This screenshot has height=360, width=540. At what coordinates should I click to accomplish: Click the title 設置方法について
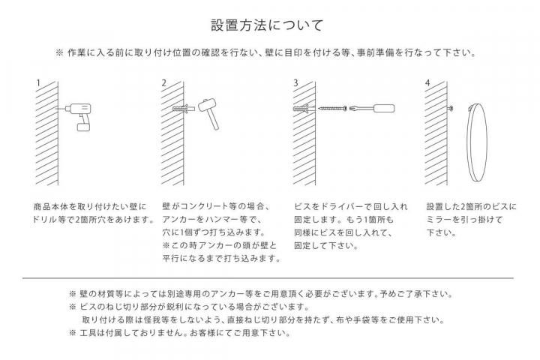click(x=267, y=25)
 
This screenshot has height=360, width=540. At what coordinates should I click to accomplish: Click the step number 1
click(x=38, y=83)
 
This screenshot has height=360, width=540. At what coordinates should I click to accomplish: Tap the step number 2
click(x=164, y=83)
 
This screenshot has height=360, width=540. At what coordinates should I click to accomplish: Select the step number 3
click(x=295, y=83)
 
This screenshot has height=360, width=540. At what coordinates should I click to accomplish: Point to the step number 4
click(x=427, y=83)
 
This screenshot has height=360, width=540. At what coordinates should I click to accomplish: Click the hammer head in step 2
click(x=207, y=104)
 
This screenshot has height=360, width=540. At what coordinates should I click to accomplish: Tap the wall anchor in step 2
click(x=184, y=109)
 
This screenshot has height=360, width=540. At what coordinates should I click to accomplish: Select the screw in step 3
click(x=332, y=109)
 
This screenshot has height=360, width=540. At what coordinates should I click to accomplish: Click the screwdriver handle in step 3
click(x=384, y=109)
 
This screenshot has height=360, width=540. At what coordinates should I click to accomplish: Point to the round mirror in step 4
click(x=477, y=142)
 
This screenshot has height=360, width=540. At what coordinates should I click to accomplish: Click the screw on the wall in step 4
click(x=451, y=109)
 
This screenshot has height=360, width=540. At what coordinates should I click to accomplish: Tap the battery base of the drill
click(x=83, y=127)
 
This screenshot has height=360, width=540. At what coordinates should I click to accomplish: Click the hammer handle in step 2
click(x=213, y=120)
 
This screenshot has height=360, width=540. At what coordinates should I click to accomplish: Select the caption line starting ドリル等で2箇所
click(x=93, y=220)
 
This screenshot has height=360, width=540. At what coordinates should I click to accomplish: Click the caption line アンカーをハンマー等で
click(x=212, y=220)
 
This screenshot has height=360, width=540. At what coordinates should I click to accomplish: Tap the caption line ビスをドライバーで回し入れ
click(x=351, y=207)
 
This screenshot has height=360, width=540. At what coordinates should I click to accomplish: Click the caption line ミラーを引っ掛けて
click(x=464, y=220)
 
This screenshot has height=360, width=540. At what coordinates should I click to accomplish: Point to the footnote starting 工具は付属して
click(x=180, y=333)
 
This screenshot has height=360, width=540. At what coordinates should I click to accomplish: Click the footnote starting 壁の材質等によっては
click(x=262, y=294)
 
